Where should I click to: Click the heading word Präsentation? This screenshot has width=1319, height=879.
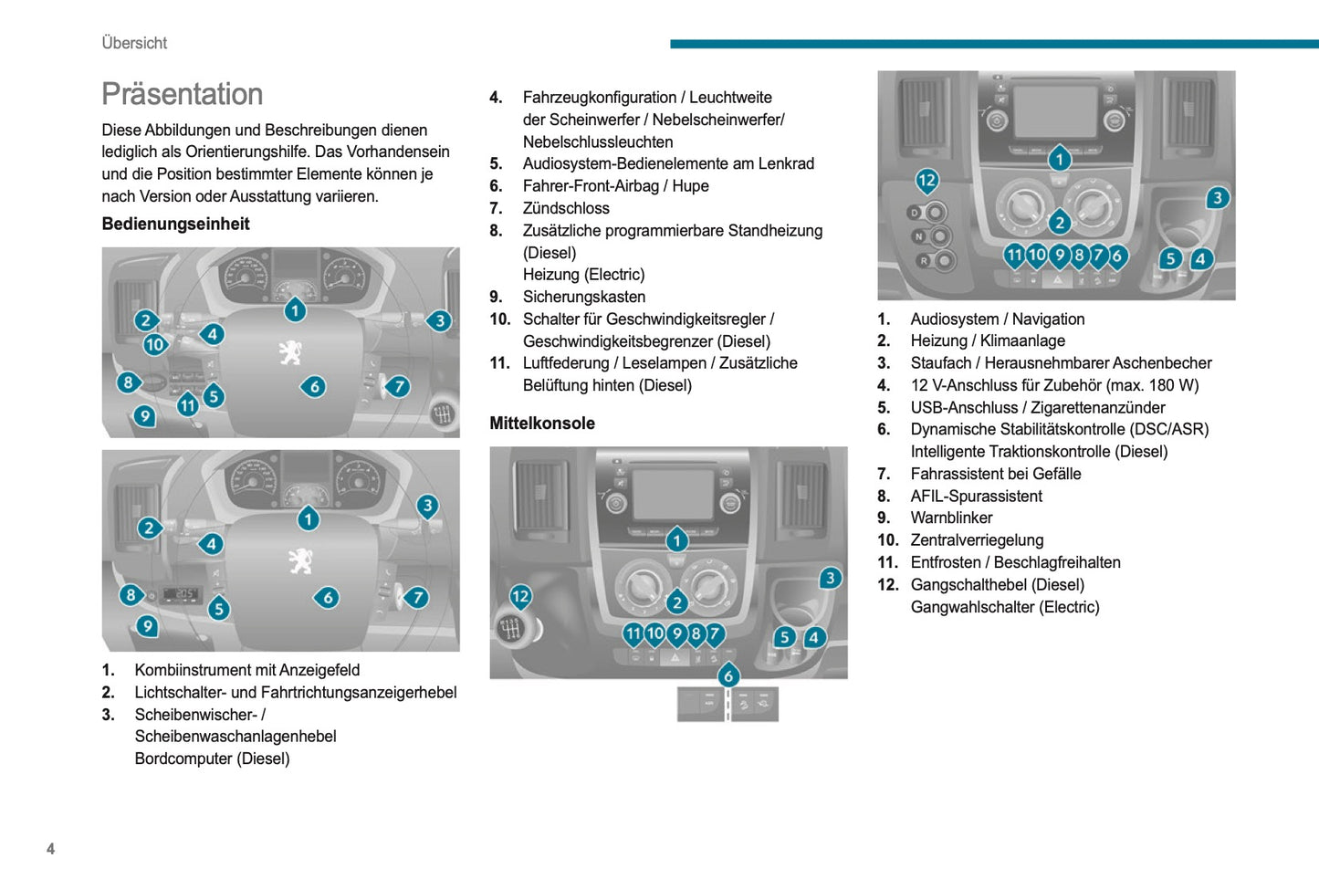pyautogui.click(x=183, y=94)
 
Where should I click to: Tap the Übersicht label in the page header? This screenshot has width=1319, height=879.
pyautogui.click(x=134, y=43)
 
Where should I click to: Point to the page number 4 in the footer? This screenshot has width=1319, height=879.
pyautogui.click(x=50, y=849)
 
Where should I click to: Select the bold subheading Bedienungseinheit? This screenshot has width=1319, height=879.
pyautogui.click(x=175, y=224)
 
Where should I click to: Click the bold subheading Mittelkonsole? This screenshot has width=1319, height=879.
pyautogui.click(x=542, y=423)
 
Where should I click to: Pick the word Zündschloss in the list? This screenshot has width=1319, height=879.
pyautogui.click(x=566, y=208)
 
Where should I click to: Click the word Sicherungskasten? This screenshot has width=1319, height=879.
pyautogui.click(x=584, y=297)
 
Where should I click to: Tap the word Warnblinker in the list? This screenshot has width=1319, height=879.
pyautogui.click(x=951, y=518)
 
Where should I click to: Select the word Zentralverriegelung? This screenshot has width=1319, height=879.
pyautogui.click(x=977, y=540)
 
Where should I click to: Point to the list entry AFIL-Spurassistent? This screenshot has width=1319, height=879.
pyautogui.click(x=977, y=496)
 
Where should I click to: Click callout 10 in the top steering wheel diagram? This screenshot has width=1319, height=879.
pyautogui.click(x=155, y=344)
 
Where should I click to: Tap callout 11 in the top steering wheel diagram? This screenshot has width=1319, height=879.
pyautogui.click(x=188, y=404)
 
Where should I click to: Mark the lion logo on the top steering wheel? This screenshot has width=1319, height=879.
pyautogui.click(x=291, y=352)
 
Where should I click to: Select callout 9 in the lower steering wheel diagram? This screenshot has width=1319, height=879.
pyautogui.click(x=147, y=626)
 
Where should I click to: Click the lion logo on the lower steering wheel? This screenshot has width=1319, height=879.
pyautogui.click(x=299, y=560)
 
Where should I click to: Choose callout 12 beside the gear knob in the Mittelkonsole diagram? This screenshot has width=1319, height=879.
pyautogui.click(x=520, y=597)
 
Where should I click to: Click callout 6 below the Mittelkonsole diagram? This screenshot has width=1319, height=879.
pyautogui.click(x=728, y=675)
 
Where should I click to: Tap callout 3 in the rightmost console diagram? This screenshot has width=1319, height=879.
pyautogui.click(x=1217, y=198)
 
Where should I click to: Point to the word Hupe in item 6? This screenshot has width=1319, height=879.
pyautogui.click(x=690, y=186)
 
